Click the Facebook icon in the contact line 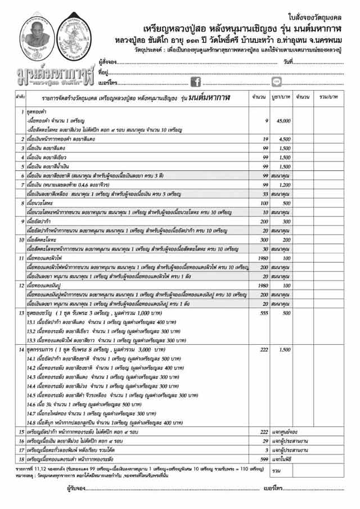(196, 82)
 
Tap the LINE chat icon (277, 82)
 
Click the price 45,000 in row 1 (283, 121)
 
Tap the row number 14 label (21, 350)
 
